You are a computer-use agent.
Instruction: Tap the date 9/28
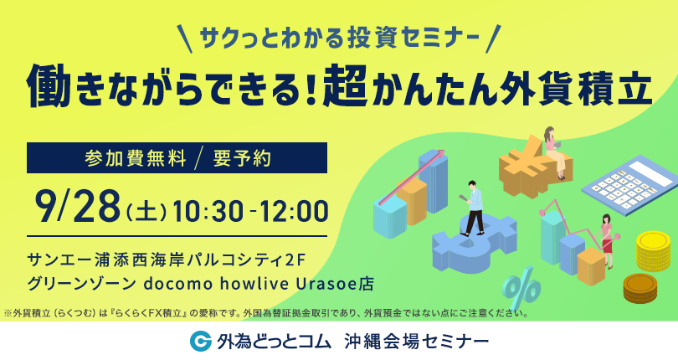point(80,208)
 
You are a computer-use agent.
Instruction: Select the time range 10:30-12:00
point(250,211)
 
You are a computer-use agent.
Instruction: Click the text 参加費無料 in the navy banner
point(136,158)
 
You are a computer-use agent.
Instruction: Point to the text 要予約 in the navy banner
point(242,158)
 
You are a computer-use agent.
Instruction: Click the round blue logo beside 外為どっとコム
point(200,341)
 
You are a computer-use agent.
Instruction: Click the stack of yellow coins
point(653,252)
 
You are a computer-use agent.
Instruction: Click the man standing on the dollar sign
point(472,208)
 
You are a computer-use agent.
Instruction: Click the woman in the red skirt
point(607,240)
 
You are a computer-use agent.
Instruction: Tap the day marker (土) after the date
point(146,213)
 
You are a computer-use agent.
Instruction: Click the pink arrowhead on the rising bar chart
point(440,152)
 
